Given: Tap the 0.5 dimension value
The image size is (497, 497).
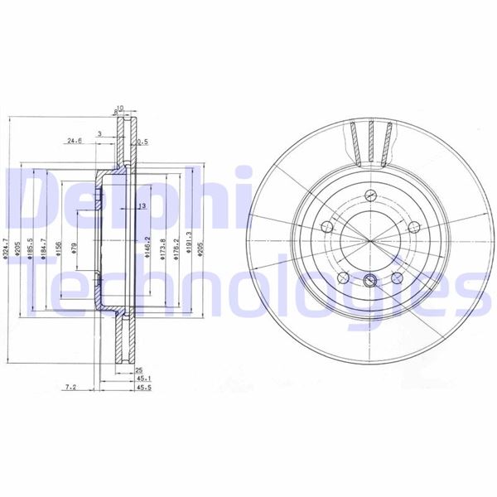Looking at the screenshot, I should (142, 142).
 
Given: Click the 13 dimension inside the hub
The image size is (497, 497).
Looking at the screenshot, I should (142, 205).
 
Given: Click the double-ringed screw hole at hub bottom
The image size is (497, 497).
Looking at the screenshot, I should (370, 278).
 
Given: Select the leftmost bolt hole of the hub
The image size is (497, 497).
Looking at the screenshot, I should (325, 226).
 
